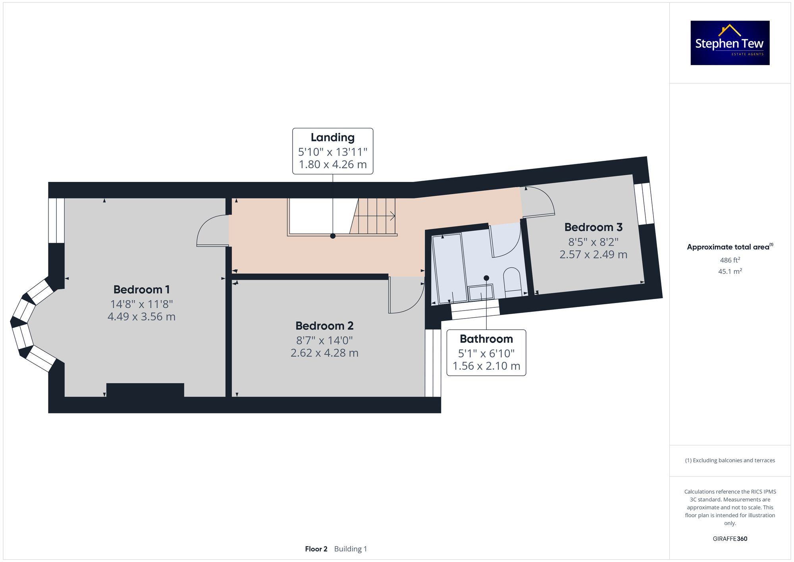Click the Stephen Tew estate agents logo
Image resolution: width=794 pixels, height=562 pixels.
[x=730, y=43]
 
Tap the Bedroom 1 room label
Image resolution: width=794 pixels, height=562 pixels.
[x=141, y=290]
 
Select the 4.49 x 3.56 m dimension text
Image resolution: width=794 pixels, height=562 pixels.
[x=141, y=317]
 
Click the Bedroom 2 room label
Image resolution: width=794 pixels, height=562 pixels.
[x=324, y=326]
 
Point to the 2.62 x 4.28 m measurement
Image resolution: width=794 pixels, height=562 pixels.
[x=324, y=353]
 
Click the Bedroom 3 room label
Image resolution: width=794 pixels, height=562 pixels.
[x=593, y=227]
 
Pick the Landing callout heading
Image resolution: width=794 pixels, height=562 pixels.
[x=332, y=137]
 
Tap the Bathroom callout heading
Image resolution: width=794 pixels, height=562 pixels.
[x=486, y=339]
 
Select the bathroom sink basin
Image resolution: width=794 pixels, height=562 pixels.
[x=481, y=293]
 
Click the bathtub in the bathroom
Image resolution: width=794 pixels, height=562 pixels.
[x=450, y=268]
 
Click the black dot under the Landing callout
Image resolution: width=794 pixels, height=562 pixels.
[x=333, y=236]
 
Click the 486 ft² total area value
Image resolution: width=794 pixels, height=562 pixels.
[x=730, y=260]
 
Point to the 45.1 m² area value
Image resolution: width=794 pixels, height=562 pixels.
[x=730, y=272]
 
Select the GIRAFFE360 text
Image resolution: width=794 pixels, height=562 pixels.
[x=730, y=539]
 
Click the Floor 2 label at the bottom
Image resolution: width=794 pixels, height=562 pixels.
[x=316, y=549]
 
